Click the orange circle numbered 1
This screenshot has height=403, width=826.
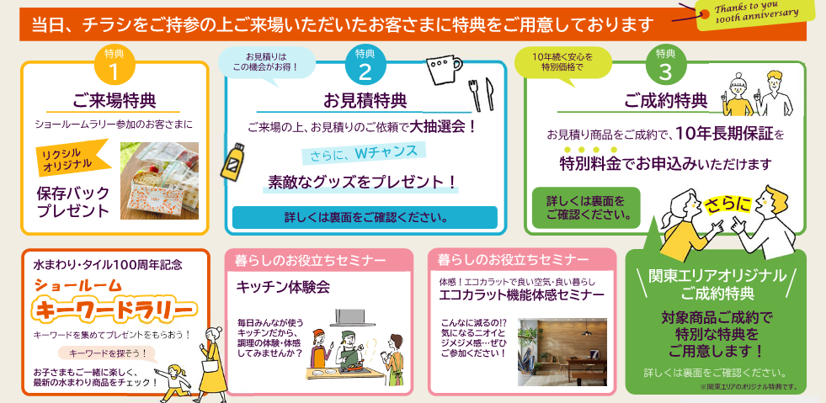click(x=115, y=66)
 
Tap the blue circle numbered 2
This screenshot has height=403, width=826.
click(x=365, y=66)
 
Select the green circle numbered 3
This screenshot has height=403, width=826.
click(x=666, y=66)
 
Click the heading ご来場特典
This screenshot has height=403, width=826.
click(x=114, y=100)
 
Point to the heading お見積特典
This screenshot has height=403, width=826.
click(x=365, y=100)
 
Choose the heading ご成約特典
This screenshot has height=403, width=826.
click(x=666, y=100)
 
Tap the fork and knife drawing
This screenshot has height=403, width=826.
click(x=482, y=95)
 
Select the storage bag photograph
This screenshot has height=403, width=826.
click(x=160, y=180)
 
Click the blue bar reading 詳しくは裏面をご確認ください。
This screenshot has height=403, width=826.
click(x=365, y=217)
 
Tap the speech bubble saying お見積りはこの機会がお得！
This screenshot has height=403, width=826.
click(x=267, y=63)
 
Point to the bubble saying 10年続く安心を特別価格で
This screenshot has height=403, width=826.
click(x=562, y=62)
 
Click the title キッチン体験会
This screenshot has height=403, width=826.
click(x=283, y=287)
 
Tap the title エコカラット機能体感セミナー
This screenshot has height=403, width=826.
click(x=521, y=294)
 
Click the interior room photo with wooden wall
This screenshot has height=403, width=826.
click(x=562, y=352)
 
